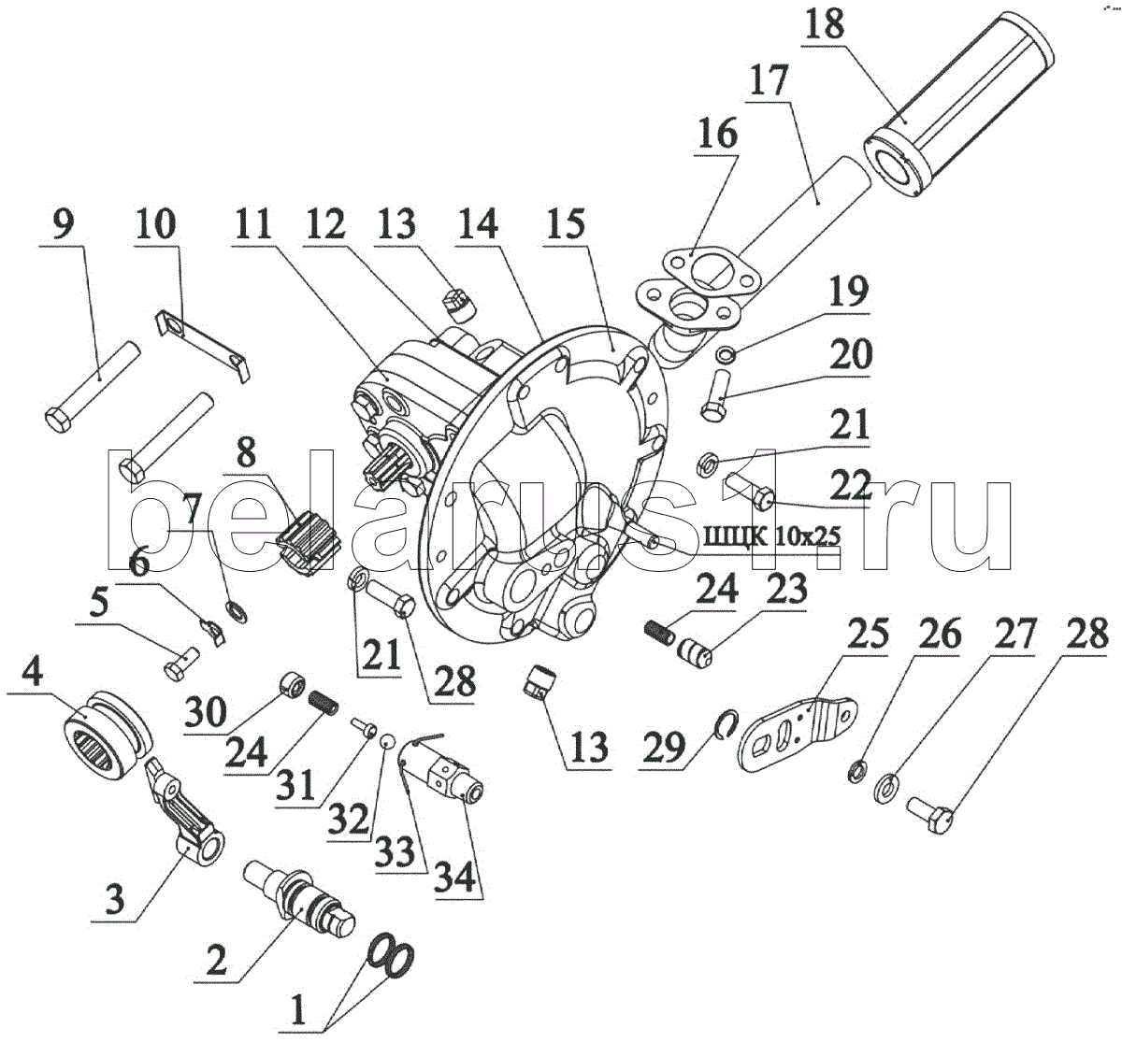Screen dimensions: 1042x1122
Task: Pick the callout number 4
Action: tap(34, 673)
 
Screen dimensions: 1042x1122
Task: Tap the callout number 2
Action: tap(216, 960)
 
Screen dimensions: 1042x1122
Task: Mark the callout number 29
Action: tap(666, 749)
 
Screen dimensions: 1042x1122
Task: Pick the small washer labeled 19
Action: tap(726, 355)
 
